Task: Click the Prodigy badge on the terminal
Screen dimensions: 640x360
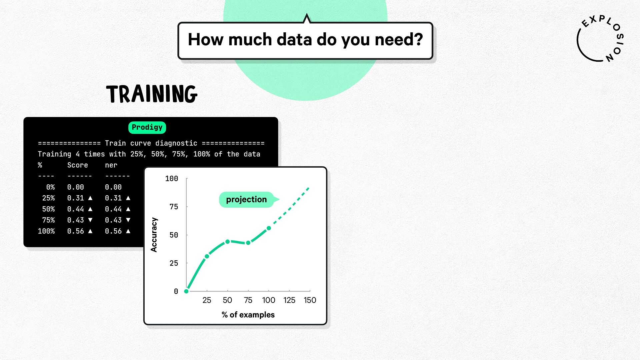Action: pyautogui.click(x=147, y=127)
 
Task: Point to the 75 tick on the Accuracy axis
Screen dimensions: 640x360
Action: pyautogui.click(x=174, y=207)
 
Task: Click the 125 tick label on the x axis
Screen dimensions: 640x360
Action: pyautogui.click(x=289, y=300)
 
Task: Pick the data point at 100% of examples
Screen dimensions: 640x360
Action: pyautogui.click(x=269, y=228)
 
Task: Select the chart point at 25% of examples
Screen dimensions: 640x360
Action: pyautogui.click(x=207, y=256)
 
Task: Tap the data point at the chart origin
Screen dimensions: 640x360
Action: pyautogui.click(x=186, y=291)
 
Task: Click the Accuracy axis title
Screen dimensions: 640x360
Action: pyautogui.click(x=154, y=235)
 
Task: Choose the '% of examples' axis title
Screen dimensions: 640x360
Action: pyautogui.click(x=248, y=315)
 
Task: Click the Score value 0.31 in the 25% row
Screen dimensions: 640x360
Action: pyautogui.click(x=76, y=198)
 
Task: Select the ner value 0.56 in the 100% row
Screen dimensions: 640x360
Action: pyautogui.click(x=113, y=231)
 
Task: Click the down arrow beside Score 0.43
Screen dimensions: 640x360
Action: pyautogui.click(x=90, y=220)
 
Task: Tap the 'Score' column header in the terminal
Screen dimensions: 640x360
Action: pyautogui.click(x=78, y=165)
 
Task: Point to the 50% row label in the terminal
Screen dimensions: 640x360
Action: pyautogui.click(x=48, y=209)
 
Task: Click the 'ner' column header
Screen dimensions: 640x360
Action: pyautogui.click(x=111, y=165)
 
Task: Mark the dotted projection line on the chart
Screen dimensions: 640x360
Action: pyautogui.click(x=289, y=208)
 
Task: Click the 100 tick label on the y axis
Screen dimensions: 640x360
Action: pyautogui.click(x=172, y=179)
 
